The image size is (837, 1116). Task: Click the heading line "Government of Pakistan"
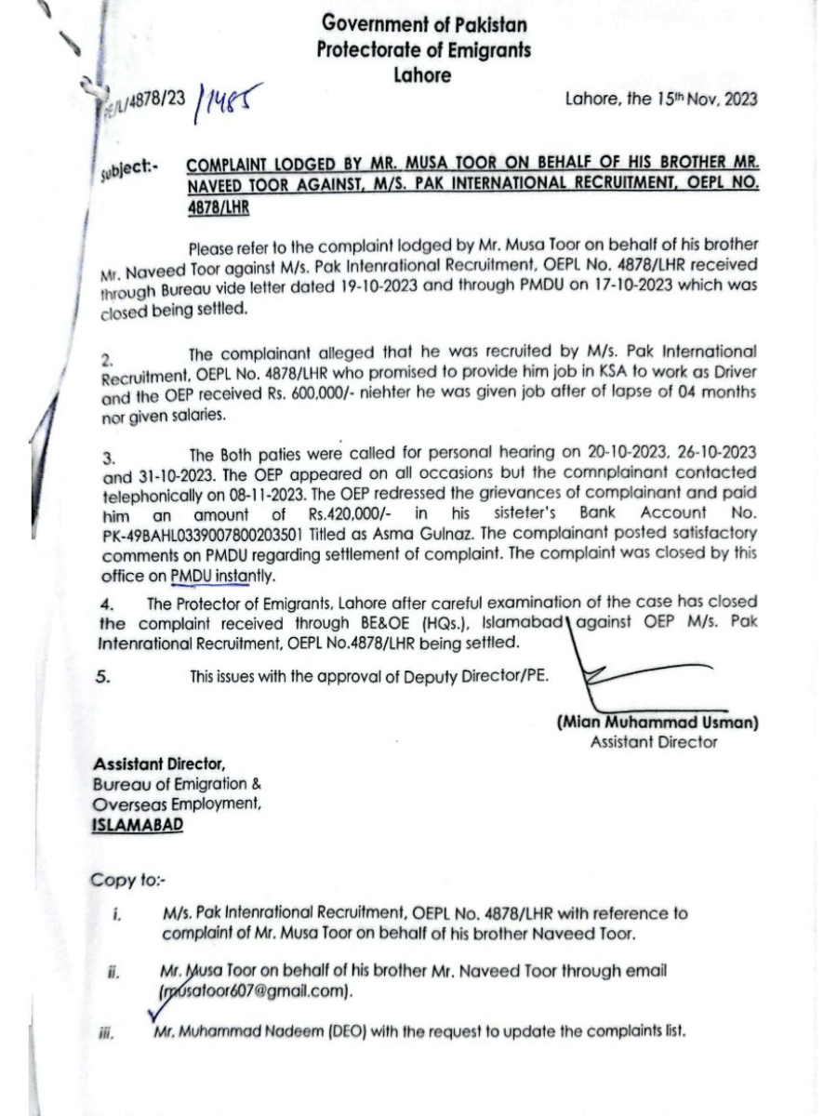point(423,25)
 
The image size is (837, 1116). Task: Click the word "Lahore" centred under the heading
point(422,75)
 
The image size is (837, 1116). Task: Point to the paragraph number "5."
point(104,676)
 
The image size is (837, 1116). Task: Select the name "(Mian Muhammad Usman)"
point(658,723)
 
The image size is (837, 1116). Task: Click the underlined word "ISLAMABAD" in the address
point(138,825)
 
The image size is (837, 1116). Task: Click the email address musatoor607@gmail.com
point(256,991)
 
